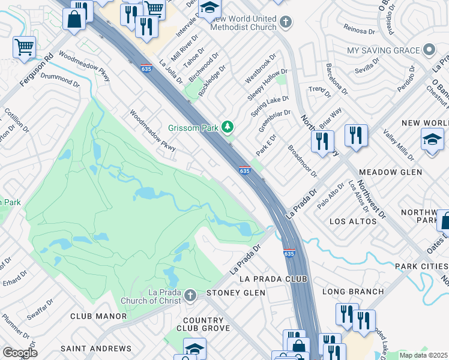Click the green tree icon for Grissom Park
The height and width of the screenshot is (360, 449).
pyautogui.click(x=227, y=127)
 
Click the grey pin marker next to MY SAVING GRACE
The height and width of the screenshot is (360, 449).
pyautogui.click(x=429, y=49)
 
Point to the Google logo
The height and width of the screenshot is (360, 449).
pyautogui.click(x=20, y=353)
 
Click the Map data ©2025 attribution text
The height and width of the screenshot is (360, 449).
pyautogui.click(x=423, y=355)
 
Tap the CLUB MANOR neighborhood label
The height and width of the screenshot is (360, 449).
pyautogui.click(x=98, y=316)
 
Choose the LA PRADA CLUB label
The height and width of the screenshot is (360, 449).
pyautogui.click(x=273, y=279)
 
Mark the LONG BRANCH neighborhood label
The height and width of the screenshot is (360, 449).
pyautogui.click(x=353, y=292)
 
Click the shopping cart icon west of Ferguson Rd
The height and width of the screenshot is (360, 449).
pyautogui.click(x=24, y=46)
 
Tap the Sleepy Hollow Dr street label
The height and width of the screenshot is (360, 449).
pyautogui.click(x=268, y=85)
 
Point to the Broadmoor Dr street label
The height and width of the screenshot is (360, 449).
pyautogui.click(x=302, y=162)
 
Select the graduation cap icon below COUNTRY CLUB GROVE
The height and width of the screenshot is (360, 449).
pyautogui.click(x=195, y=349)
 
